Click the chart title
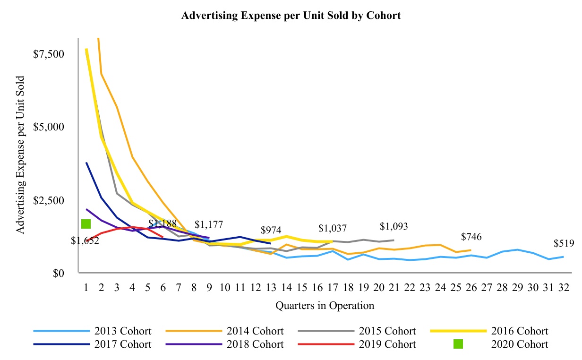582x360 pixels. tap(291, 16)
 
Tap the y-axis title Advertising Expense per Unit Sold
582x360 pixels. tap(21, 155)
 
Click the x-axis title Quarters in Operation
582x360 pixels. tap(325, 306)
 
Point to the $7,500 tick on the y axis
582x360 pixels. tap(49, 54)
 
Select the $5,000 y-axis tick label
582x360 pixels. tap(49, 127)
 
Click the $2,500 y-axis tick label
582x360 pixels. tap(49, 200)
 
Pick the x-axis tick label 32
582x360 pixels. tap(563, 287)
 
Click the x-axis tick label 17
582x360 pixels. tap(333, 287)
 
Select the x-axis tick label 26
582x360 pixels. tap(471, 287)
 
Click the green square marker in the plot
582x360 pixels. tap(86, 224)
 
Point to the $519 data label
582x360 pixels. tap(564, 244)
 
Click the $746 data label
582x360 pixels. tap(471, 237)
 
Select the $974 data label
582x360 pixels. tap(271, 230)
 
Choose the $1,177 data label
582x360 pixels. tap(208, 225)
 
